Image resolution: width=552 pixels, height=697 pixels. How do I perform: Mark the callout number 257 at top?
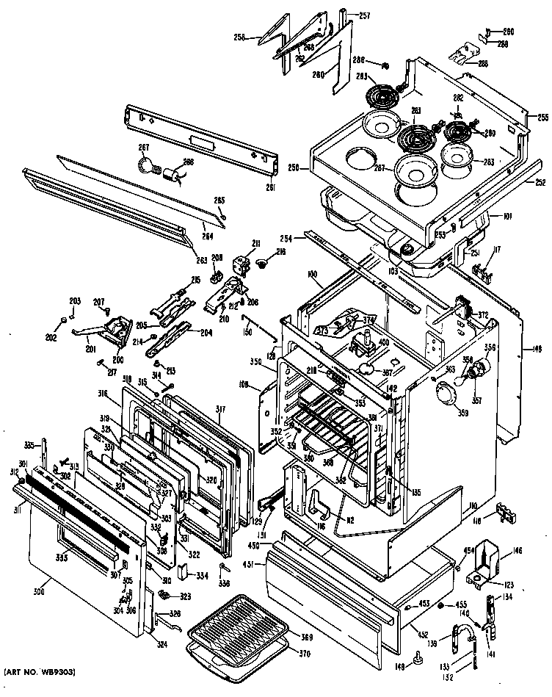[364, 16]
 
